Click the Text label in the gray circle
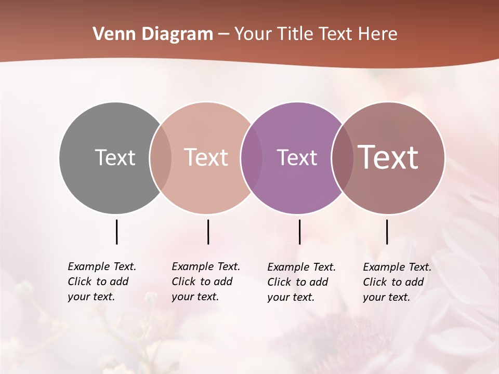pos(115,157)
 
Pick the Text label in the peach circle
pos(206,157)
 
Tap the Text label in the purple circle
pos(297,157)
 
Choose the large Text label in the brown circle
pos(388,157)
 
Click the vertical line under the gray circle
pos(116,232)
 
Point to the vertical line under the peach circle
pos(208,232)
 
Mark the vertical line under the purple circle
pos(299,232)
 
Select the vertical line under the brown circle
pos(387,232)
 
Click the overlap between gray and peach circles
pos(161,157)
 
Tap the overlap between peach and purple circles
pos(252,157)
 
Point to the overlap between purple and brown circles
pos(342,157)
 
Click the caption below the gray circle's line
pos(102,282)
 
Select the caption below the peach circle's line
pos(206,282)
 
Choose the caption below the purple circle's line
pos(301,282)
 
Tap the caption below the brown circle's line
pos(397,282)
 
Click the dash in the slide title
pos(224,34)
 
